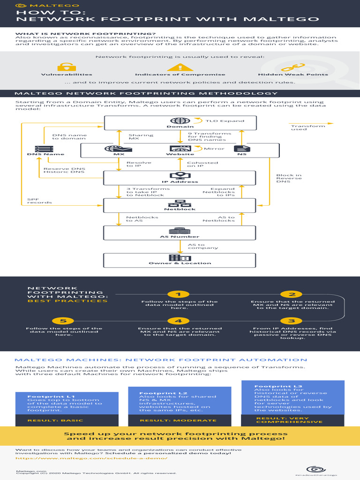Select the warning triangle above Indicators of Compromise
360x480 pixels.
tap(180, 67)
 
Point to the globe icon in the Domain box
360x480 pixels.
tap(180, 121)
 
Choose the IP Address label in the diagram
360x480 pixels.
tap(180, 182)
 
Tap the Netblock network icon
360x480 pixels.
tap(180, 203)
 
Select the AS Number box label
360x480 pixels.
tap(180, 237)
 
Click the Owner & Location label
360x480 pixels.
tap(180, 263)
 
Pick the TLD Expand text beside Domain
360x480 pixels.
tap(225, 121)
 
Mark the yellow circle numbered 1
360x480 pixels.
tap(178, 294)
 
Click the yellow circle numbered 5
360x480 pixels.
tap(67, 321)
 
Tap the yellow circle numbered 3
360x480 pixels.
tap(292, 321)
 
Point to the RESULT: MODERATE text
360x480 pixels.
tap(178, 420)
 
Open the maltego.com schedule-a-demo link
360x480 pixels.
tap(91, 458)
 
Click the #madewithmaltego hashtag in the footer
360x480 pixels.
tap(316, 474)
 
